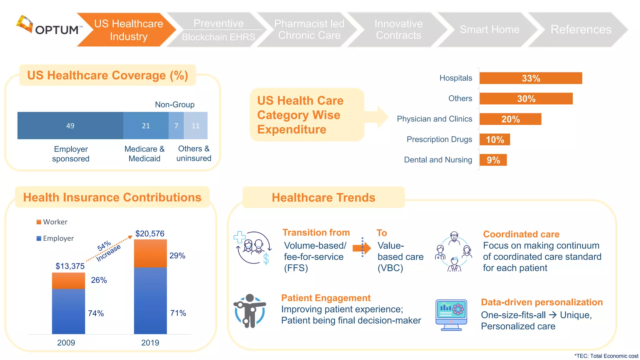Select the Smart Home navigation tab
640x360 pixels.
(x=489, y=29)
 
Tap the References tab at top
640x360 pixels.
(x=580, y=29)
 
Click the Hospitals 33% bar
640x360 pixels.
(x=530, y=78)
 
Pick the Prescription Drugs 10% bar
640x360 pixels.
(x=494, y=139)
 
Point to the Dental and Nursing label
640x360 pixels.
(x=438, y=160)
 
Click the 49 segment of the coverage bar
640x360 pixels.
(x=70, y=126)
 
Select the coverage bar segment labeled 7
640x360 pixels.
(x=176, y=126)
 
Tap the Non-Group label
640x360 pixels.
(x=174, y=104)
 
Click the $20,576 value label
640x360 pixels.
(x=150, y=233)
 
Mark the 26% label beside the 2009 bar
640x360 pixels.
(x=99, y=280)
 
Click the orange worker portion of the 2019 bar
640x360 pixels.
(x=150, y=253)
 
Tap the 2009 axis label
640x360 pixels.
(x=66, y=343)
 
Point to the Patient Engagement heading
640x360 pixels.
(x=326, y=298)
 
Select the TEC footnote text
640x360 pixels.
(x=606, y=356)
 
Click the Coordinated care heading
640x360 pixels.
(x=521, y=234)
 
